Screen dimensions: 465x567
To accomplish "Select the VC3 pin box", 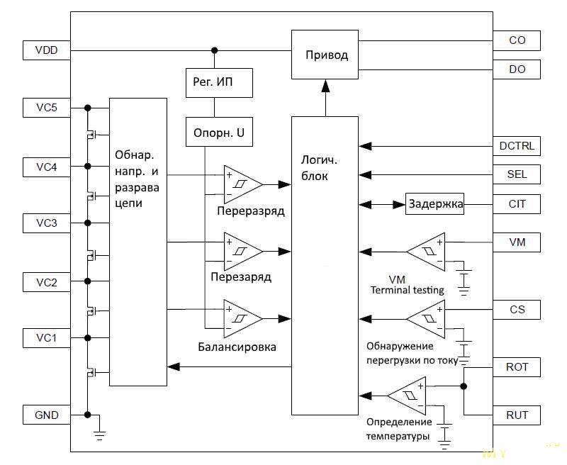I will (46, 223).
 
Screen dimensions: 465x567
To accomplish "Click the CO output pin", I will (517, 40).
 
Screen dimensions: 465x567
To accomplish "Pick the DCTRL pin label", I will (517, 147).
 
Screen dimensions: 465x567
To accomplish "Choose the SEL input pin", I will (517, 174).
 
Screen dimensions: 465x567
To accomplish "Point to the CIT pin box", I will (517, 205).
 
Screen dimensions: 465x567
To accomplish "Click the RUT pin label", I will (517, 415).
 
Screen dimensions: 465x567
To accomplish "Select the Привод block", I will (326, 55).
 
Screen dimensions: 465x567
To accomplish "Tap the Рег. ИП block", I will (213, 83).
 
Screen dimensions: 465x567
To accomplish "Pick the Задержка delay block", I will (435, 205).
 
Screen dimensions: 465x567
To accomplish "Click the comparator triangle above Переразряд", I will (240, 184).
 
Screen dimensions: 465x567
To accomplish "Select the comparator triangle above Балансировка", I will (240, 318).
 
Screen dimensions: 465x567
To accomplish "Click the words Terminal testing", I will (408, 289).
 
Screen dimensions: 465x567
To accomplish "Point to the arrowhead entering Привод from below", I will (326, 86).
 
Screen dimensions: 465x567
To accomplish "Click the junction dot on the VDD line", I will (214, 50).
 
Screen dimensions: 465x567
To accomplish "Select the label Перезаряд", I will (241, 277).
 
